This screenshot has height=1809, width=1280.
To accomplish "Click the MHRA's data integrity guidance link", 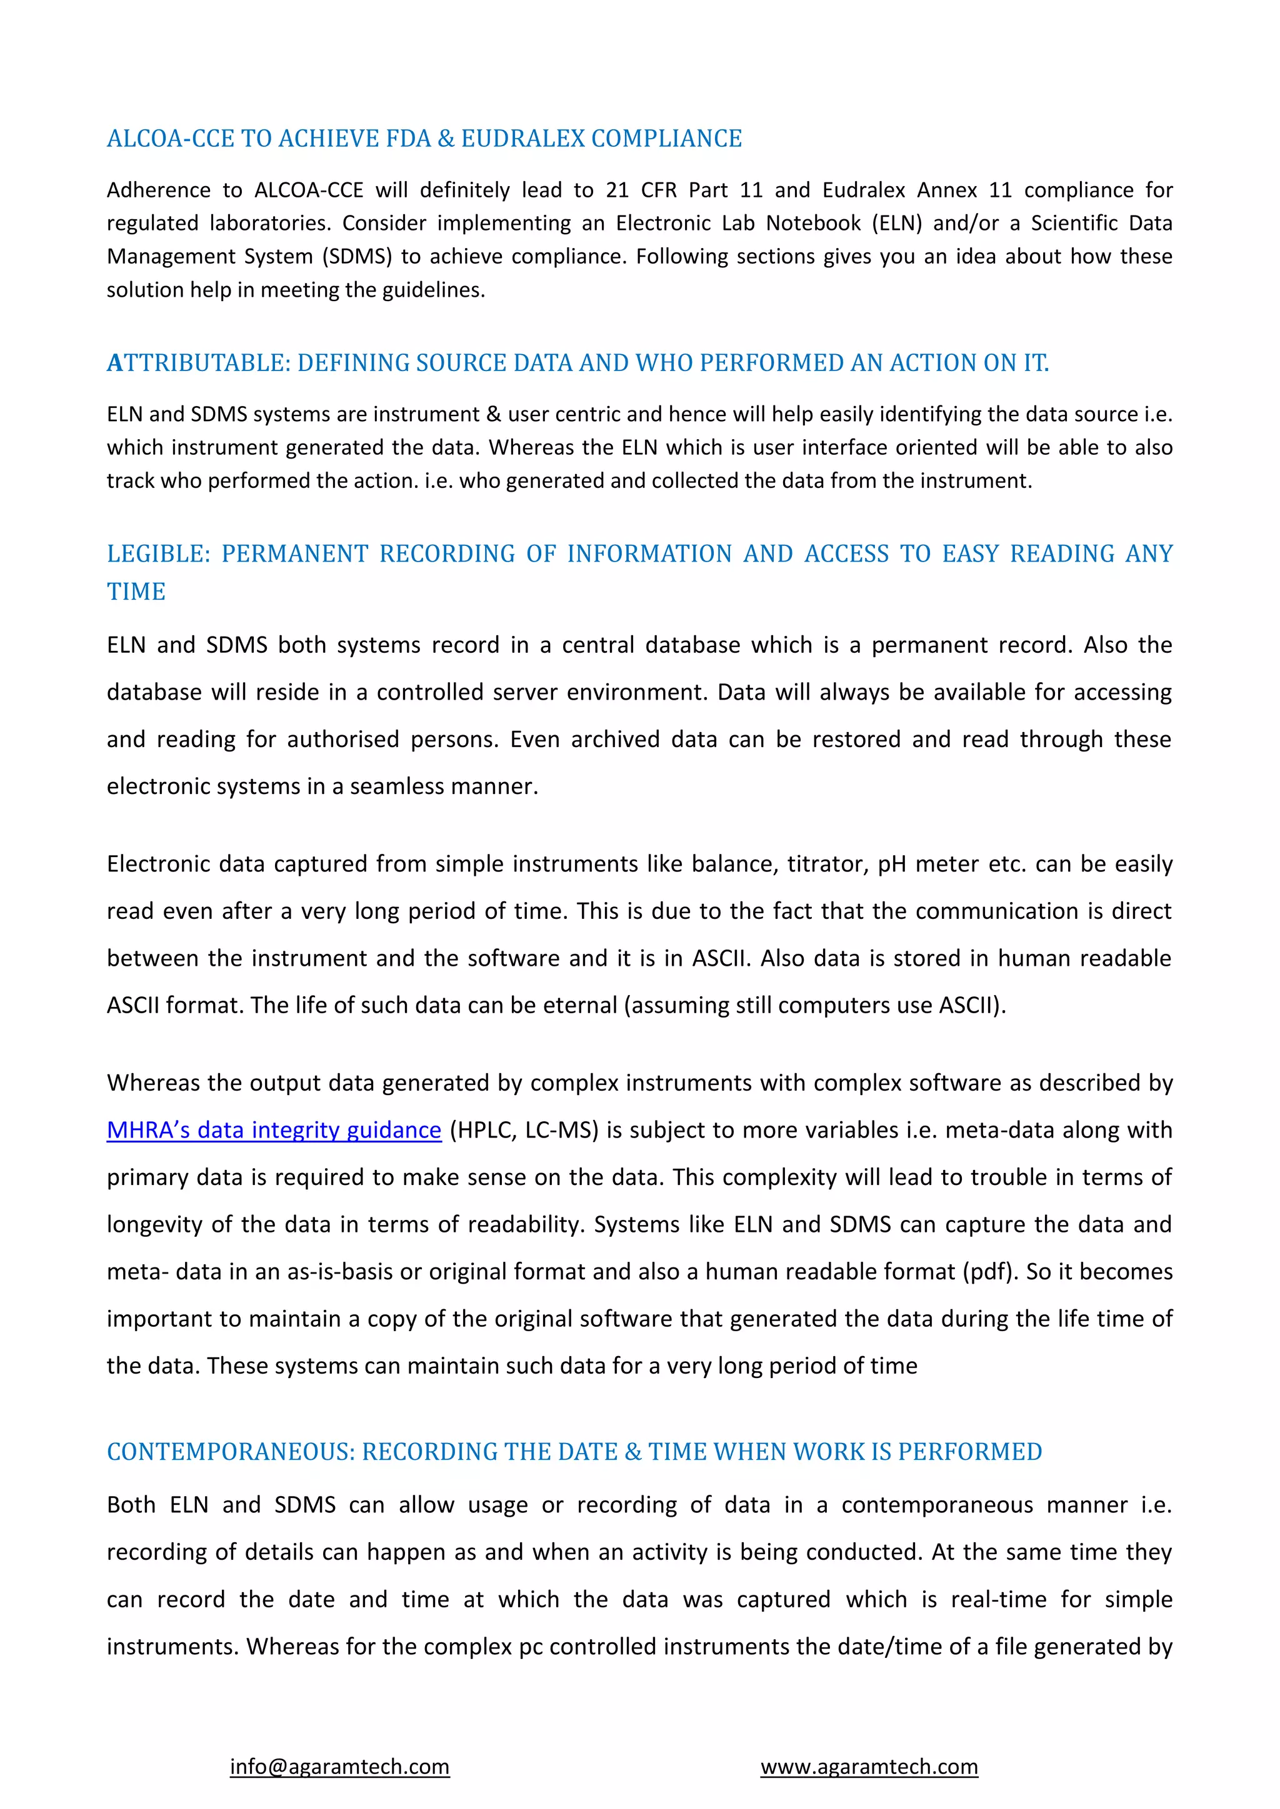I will pyautogui.click(x=274, y=1130).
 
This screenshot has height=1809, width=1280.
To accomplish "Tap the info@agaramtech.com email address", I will pyautogui.click(x=340, y=1767).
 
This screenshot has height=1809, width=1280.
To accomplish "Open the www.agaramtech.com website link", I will pyautogui.click(x=869, y=1767).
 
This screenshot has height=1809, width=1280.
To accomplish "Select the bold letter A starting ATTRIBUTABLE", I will pyautogui.click(x=115, y=363).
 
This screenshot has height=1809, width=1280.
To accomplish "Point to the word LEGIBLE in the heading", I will pyautogui.click(x=157, y=554).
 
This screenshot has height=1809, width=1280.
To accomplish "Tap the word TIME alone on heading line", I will pyautogui.click(x=136, y=592).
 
